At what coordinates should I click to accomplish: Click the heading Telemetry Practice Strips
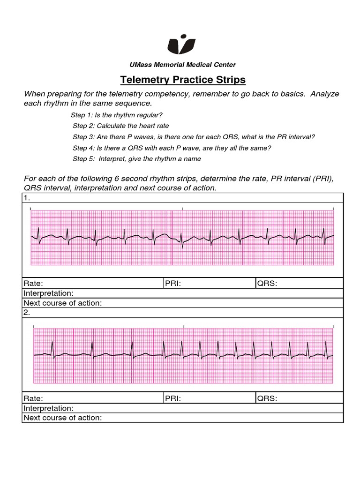(183, 80)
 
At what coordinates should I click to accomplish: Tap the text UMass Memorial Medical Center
(183, 65)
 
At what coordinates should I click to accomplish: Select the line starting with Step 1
(117, 115)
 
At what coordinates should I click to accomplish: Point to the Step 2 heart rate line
(120, 126)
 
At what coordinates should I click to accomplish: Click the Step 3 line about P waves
(194, 137)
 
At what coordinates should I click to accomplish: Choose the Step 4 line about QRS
(172, 148)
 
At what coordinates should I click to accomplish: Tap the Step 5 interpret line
(136, 159)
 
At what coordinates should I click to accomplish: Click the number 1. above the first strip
(27, 198)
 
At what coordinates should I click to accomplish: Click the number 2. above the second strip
(27, 313)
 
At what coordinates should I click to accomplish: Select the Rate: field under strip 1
(33, 283)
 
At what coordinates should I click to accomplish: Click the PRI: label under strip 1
(173, 283)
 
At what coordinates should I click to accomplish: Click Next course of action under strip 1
(63, 303)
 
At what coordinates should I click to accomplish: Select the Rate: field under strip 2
(33, 398)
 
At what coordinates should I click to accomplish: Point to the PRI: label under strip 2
(173, 398)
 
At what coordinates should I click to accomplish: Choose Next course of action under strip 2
(63, 418)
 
